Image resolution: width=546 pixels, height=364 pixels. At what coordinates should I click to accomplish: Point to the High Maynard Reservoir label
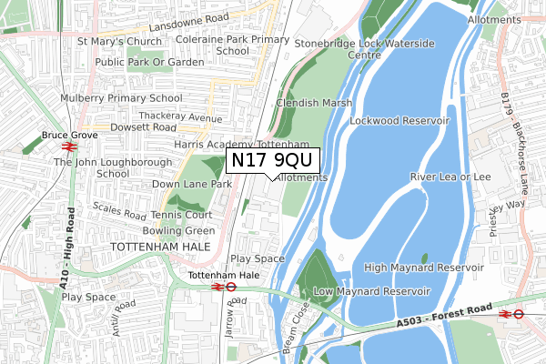pyautogui.click(x=423, y=268)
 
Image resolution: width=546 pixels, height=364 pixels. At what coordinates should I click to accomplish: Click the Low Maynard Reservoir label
pyautogui.click(x=370, y=291)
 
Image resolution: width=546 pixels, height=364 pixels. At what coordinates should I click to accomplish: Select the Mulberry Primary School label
pyautogui.click(x=122, y=98)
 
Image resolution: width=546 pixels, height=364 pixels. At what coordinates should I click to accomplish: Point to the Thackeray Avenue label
pyautogui.click(x=180, y=118)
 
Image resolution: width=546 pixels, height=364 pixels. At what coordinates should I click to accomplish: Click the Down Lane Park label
pyautogui.click(x=192, y=184)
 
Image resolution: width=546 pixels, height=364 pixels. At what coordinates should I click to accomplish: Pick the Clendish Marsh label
pyautogui.click(x=313, y=103)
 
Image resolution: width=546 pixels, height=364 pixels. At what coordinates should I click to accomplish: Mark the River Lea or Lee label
pyautogui.click(x=450, y=177)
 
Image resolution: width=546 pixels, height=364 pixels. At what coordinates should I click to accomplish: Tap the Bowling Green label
pyautogui.click(x=184, y=231)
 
